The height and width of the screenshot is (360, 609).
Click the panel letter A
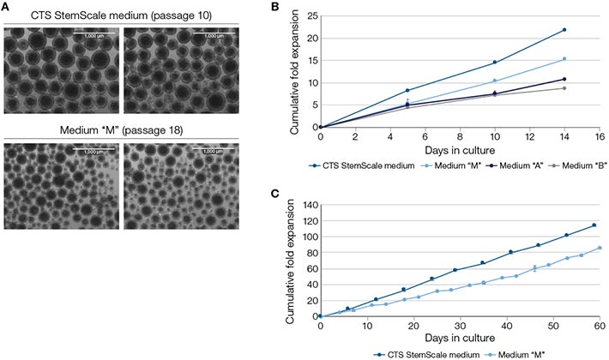(6, 6)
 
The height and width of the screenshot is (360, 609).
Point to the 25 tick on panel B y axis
(311, 15)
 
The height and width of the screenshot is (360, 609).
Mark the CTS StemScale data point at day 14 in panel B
(564, 30)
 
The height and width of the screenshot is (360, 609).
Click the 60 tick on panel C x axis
(600, 327)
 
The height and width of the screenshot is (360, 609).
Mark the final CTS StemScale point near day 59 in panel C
(594, 226)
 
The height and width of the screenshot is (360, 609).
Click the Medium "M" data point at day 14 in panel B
(564, 59)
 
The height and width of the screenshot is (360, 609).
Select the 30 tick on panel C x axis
(460, 327)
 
